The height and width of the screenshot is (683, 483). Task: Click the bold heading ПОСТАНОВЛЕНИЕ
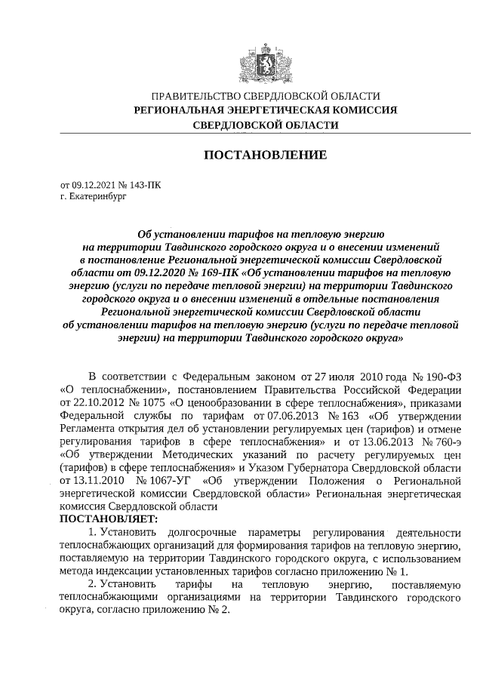point(266,155)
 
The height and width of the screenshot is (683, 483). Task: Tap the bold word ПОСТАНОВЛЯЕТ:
point(109,519)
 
